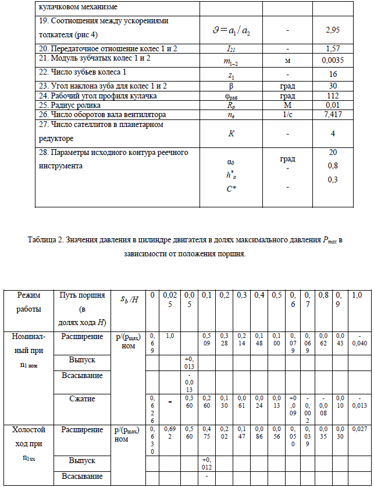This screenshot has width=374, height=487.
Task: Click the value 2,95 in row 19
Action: coord(333,29)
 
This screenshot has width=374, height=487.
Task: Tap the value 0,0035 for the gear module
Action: coord(333,59)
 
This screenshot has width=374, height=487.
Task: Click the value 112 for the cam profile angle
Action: coord(333,96)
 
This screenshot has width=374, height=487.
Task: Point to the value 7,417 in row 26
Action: coord(333,115)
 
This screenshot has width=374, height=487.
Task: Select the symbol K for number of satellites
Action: coord(232,133)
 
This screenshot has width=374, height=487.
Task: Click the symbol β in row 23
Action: coord(231,86)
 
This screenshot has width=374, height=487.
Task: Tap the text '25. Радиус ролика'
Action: coord(67,105)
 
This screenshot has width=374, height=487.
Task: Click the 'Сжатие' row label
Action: coord(78,399)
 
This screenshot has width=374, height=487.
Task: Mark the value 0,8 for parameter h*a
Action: coord(333,165)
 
